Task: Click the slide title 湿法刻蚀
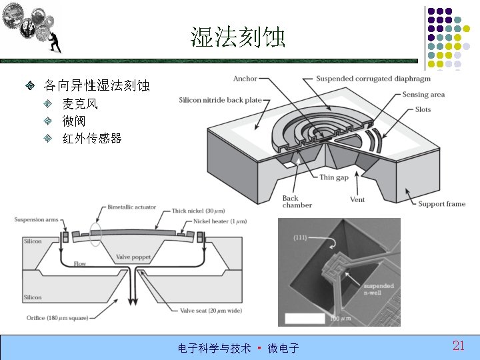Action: tap(238, 37)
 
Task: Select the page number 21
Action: tap(458, 345)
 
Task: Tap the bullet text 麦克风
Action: tap(80, 104)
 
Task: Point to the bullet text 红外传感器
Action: tap(92, 139)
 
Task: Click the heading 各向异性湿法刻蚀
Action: tap(97, 86)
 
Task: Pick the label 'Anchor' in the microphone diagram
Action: tap(245, 79)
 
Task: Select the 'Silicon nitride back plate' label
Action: tap(220, 101)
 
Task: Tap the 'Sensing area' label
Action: tap(423, 95)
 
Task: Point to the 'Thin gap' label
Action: tap(334, 177)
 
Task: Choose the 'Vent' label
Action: tap(357, 199)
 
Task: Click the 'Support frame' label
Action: tap(441, 203)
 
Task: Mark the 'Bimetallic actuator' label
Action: tap(131, 208)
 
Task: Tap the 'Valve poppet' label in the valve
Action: tap(132, 257)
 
